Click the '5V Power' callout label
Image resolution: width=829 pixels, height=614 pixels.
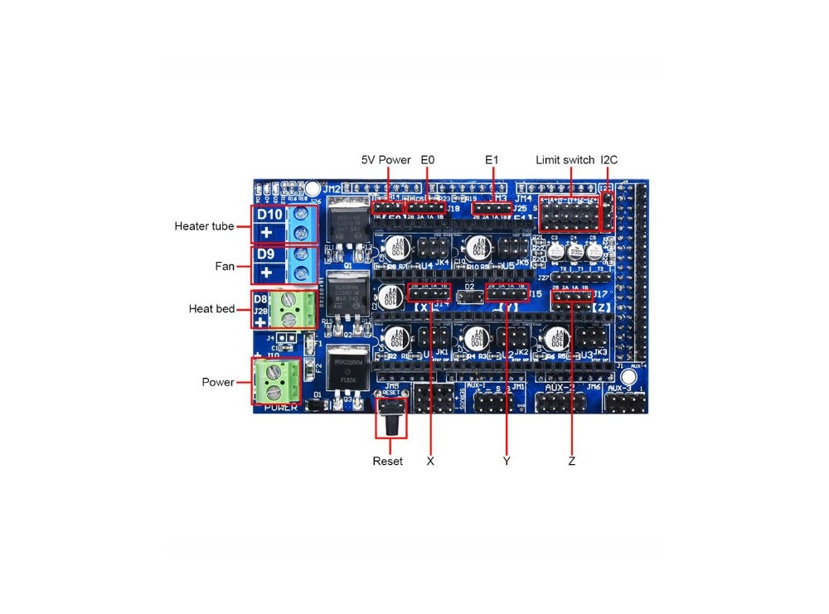[x=385, y=160]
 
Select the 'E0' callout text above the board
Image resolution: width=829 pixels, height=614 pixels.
[x=428, y=160]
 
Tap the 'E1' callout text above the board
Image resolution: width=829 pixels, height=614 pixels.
[x=492, y=160]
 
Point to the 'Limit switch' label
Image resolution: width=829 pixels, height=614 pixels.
[x=565, y=160]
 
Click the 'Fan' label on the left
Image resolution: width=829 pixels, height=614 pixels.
[x=224, y=266]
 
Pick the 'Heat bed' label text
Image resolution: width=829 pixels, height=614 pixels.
[x=212, y=309]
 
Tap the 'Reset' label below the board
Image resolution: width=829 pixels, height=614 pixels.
[x=387, y=461]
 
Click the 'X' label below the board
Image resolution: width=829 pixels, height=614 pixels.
[x=430, y=461]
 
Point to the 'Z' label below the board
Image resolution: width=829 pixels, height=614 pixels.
[x=572, y=461]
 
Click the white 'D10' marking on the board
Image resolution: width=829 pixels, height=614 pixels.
[x=269, y=215]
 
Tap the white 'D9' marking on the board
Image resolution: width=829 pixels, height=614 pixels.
[x=265, y=254]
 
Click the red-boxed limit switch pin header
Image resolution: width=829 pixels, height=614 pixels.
[x=570, y=214]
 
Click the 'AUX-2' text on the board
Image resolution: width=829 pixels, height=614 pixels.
[x=559, y=388]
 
